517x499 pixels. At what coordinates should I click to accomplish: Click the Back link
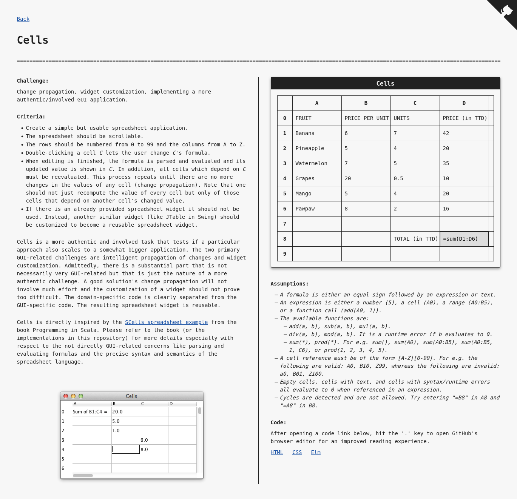click(x=23, y=19)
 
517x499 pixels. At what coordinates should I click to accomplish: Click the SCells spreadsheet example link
click(x=166, y=322)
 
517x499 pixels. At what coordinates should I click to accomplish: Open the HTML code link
click(x=277, y=452)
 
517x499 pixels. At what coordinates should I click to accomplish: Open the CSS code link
click(x=297, y=452)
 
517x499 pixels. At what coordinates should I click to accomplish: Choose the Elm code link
click(x=316, y=452)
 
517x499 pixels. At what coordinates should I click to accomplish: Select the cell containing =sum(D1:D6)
click(x=464, y=239)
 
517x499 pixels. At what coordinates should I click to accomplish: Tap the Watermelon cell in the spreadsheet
click(x=317, y=163)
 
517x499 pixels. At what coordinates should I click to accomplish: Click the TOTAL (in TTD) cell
click(x=415, y=239)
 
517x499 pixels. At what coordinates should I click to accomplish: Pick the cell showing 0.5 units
click(x=415, y=178)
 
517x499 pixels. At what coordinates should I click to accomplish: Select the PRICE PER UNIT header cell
click(x=366, y=118)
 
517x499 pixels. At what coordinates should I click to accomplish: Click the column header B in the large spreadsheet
click(x=366, y=103)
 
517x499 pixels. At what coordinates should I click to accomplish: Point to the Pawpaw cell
click(x=317, y=209)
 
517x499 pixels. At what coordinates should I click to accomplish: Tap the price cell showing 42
click(x=464, y=133)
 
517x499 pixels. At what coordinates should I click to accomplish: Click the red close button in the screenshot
click(x=66, y=396)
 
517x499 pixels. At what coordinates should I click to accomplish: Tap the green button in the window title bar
click(x=81, y=396)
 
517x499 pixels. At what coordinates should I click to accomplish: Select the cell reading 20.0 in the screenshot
click(x=125, y=412)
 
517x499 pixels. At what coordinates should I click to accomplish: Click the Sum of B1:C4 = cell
click(x=91, y=412)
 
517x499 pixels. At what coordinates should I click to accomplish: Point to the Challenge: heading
click(x=32, y=81)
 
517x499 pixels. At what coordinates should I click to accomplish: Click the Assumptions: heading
click(x=289, y=284)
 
